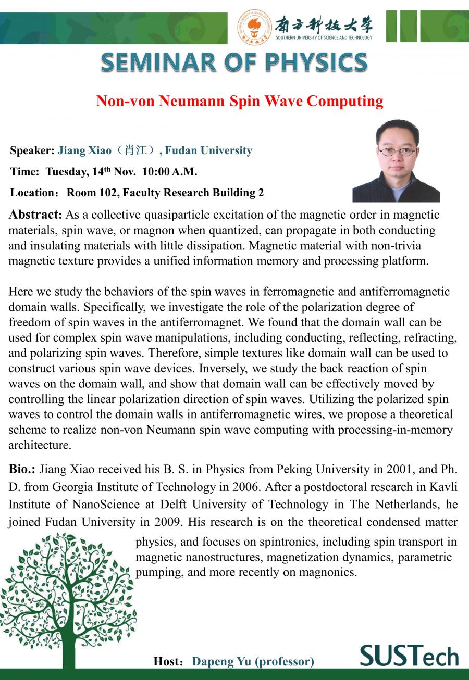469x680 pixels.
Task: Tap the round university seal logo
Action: click(255, 27)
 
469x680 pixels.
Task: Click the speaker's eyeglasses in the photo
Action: click(397, 152)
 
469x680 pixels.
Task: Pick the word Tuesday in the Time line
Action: click(66, 172)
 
